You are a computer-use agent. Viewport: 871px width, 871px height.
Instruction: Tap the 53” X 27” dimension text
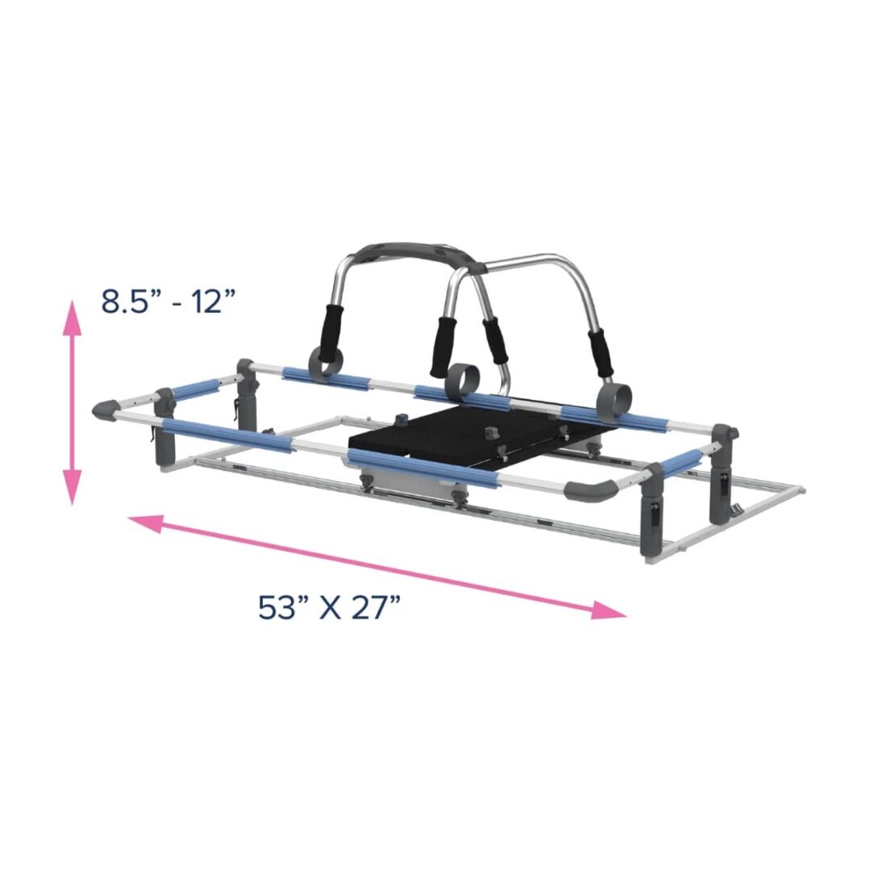click(x=330, y=606)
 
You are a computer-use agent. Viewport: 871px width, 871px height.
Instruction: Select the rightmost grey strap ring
click(x=613, y=398)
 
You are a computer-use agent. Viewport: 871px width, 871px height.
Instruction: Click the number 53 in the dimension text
click(x=277, y=606)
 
